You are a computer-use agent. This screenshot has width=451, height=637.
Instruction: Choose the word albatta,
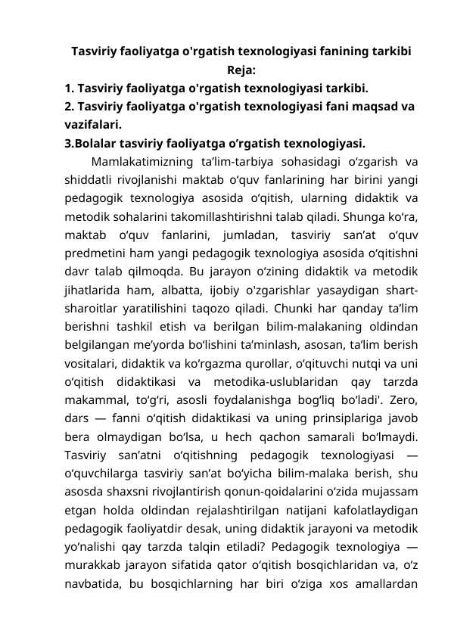click(x=194, y=287)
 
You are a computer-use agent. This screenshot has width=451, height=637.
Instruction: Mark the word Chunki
click(x=300, y=306)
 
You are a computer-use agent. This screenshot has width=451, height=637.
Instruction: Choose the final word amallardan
click(x=384, y=578)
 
